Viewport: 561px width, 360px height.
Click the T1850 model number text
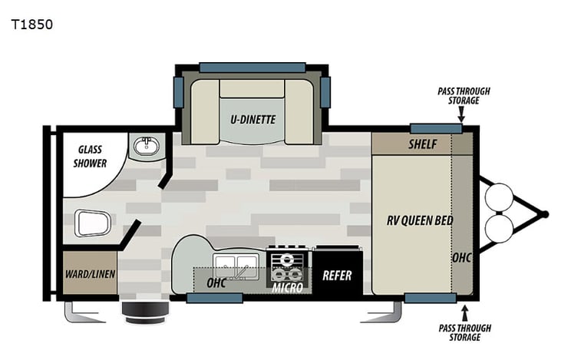click(32, 24)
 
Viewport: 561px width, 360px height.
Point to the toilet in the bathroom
click(94, 223)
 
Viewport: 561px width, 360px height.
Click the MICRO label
click(288, 288)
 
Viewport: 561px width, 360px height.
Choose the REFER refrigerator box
click(337, 274)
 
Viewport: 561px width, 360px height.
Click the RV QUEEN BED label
click(419, 221)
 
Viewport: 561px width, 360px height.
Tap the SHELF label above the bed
click(422, 144)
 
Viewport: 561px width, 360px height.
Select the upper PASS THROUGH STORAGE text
click(464, 96)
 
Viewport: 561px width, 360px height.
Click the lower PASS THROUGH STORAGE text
click(464, 332)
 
